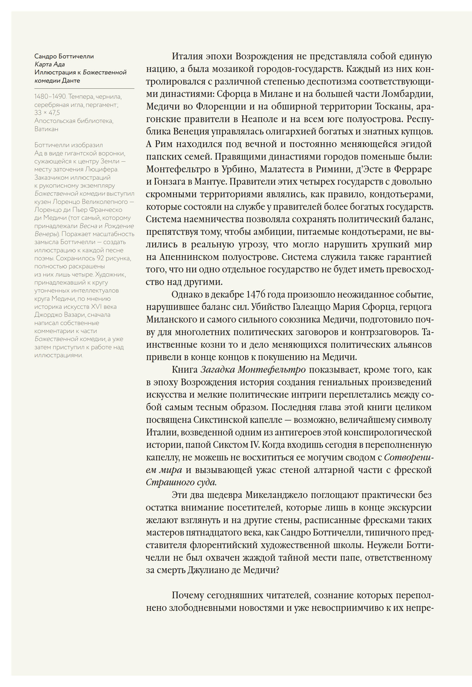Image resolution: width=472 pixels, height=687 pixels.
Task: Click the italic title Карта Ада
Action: click(x=49, y=64)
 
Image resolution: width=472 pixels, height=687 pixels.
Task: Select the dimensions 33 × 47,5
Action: click(x=47, y=113)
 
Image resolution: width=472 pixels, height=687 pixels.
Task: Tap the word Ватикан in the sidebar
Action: click(x=46, y=129)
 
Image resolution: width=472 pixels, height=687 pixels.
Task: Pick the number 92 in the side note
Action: click(x=101, y=258)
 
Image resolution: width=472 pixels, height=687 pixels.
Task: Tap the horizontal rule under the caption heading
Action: click(x=84, y=88)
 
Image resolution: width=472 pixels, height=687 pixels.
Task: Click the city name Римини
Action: click(x=331, y=169)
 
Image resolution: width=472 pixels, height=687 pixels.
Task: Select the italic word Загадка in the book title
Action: click(x=218, y=370)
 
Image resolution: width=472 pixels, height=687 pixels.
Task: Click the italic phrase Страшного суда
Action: click(x=181, y=482)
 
